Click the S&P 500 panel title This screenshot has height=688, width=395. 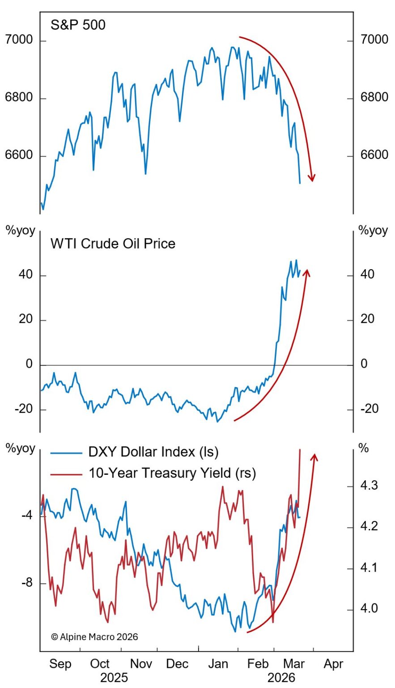[78, 25]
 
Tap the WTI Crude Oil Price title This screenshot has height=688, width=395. [113, 244]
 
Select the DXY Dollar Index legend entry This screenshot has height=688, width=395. [153, 452]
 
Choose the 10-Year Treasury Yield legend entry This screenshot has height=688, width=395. [172, 473]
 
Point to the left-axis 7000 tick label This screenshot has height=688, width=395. [19, 40]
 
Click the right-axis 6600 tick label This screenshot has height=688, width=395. [374, 155]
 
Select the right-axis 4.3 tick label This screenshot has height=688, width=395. [370, 486]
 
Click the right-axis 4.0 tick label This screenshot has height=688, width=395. [370, 609]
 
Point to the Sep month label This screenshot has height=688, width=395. [60, 664]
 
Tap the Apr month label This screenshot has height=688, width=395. [333, 664]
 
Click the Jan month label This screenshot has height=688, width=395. [218, 664]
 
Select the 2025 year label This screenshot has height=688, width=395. [115, 677]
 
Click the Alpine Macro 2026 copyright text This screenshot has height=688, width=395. [94, 636]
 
